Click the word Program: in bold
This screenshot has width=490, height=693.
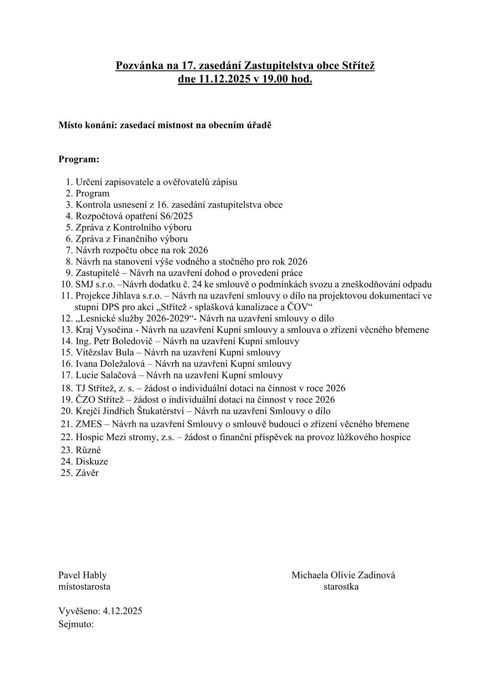79,159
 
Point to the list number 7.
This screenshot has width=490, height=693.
69,250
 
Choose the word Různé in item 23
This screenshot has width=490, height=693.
88,450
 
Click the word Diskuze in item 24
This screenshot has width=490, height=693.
91,462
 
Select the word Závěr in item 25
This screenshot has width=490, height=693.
87,473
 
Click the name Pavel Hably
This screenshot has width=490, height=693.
82,575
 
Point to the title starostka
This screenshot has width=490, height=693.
341,587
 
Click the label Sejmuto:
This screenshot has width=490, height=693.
76,624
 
